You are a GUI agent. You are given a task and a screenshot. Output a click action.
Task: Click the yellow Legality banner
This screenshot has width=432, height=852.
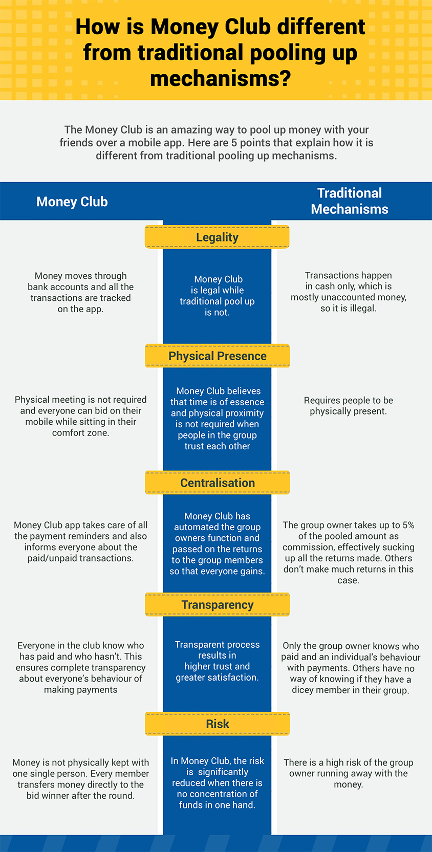coord(217,237)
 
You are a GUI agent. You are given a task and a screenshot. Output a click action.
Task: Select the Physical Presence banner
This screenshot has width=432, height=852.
coord(217,356)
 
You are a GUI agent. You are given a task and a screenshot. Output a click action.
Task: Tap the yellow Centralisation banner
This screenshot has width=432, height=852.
coord(217,483)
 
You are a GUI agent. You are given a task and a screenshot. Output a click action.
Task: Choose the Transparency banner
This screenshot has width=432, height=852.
coord(217,605)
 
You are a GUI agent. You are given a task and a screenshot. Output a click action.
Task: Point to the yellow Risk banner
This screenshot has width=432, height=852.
coord(217,724)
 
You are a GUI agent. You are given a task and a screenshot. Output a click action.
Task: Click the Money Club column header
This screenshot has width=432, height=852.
coord(72,202)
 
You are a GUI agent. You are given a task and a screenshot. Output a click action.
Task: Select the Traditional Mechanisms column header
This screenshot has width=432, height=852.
coord(350,201)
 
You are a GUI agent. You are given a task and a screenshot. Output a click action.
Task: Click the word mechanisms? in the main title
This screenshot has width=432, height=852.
coord(221,79)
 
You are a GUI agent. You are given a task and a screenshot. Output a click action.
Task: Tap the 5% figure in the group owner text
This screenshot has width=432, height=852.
coord(408,525)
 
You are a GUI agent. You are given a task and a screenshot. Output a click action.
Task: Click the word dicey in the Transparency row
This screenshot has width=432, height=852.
coord(304,690)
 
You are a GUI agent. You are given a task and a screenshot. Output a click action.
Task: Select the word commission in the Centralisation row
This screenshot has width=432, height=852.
coord(308,547)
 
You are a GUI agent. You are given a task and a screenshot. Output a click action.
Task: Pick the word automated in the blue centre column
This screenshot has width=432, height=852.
coord(197,527)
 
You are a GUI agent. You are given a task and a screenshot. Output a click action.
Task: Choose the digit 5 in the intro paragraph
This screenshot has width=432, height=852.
coord(234,143)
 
